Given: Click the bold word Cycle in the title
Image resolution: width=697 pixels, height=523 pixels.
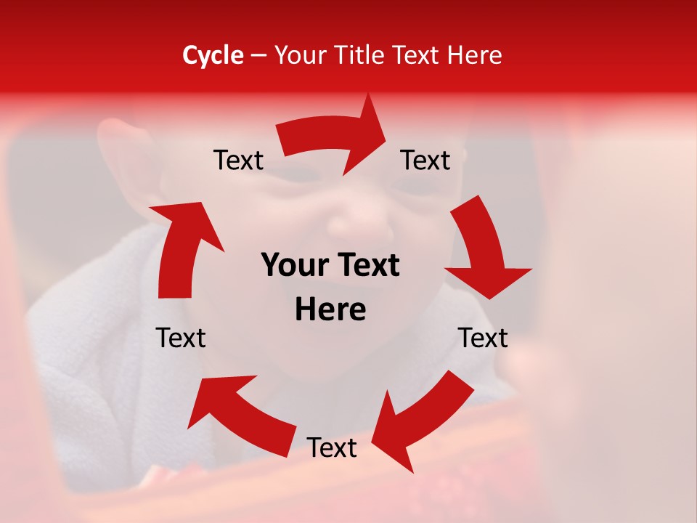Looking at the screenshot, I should pos(213,55).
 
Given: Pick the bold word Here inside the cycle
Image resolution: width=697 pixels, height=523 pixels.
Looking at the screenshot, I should pos(330,310).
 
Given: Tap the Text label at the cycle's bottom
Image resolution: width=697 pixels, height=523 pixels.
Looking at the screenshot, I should pos(332,448).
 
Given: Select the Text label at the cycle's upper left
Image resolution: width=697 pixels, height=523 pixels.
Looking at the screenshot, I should pos(238,161).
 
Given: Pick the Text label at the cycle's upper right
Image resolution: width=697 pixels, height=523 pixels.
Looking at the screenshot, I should pos(425,161).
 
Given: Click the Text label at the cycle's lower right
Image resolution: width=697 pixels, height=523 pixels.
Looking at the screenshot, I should pos(483,338).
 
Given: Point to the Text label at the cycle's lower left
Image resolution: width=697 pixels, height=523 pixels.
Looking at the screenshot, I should pos(181,338).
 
